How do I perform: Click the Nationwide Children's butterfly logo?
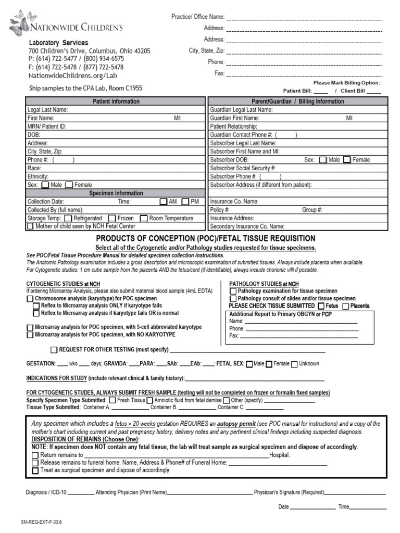[x=19, y=21]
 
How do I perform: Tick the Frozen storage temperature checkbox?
[x=111, y=218]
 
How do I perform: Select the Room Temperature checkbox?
[x=144, y=218]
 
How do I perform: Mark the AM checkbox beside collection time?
[x=164, y=201]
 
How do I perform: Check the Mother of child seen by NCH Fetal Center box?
[x=30, y=226]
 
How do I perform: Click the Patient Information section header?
[x=116, y=101]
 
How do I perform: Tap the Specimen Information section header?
[x=116, y=193]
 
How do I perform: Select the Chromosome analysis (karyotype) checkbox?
[x=30, y=299]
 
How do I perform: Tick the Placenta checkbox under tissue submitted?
[x=345, y=306]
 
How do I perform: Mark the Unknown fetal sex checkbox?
[x=294, y=364]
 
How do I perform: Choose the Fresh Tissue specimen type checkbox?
[x=112, y=400]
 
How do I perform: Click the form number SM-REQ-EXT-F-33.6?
[x=41, y=521]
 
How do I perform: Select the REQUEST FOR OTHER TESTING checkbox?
[x=54, y=349]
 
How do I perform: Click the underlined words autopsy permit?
[x=236, y=424]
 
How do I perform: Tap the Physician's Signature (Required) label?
[x=289, y=491]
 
